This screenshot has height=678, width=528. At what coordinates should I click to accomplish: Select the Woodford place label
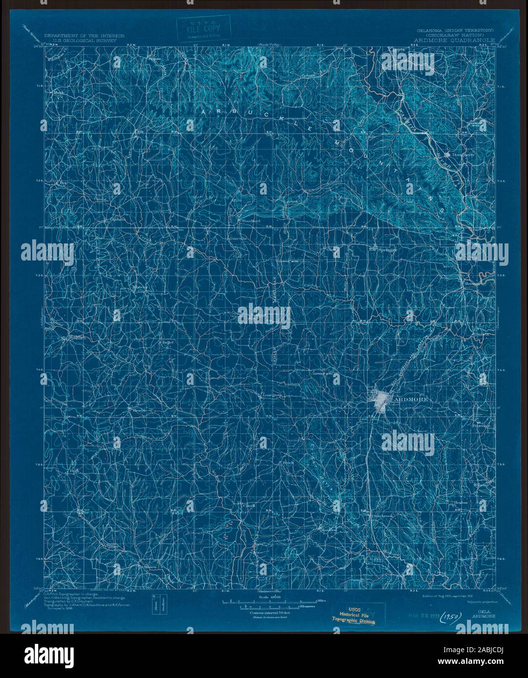[x=251, y=221]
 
